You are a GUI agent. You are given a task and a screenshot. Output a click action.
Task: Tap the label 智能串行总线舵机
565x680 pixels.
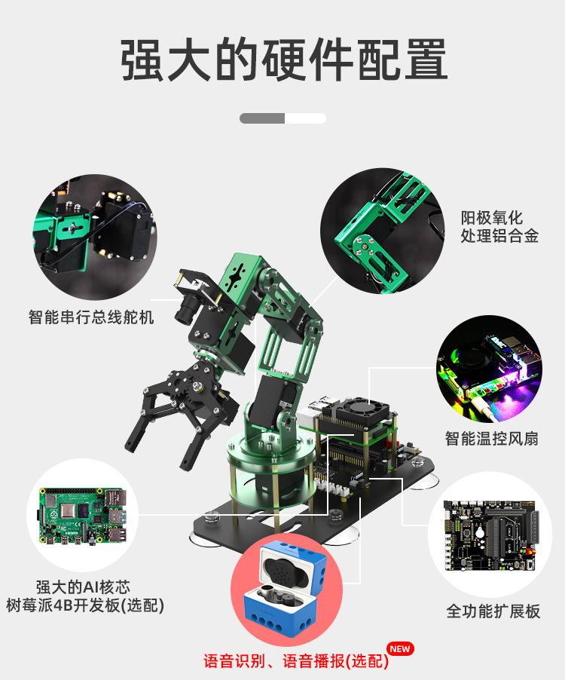point(91,317)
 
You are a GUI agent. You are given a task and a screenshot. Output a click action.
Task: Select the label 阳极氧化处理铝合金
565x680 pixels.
point(499,227)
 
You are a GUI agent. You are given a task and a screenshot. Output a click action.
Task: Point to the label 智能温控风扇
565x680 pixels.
point(491,438)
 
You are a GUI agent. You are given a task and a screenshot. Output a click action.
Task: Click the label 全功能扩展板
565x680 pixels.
point(493,611)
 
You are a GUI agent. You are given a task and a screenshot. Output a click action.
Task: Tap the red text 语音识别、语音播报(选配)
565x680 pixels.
point(296,662)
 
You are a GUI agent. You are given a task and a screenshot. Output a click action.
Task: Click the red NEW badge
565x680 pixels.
point(399,648)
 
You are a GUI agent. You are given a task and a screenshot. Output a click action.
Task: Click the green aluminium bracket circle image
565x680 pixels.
point(380,230)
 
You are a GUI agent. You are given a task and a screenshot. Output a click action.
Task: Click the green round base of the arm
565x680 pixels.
point(267,460)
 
